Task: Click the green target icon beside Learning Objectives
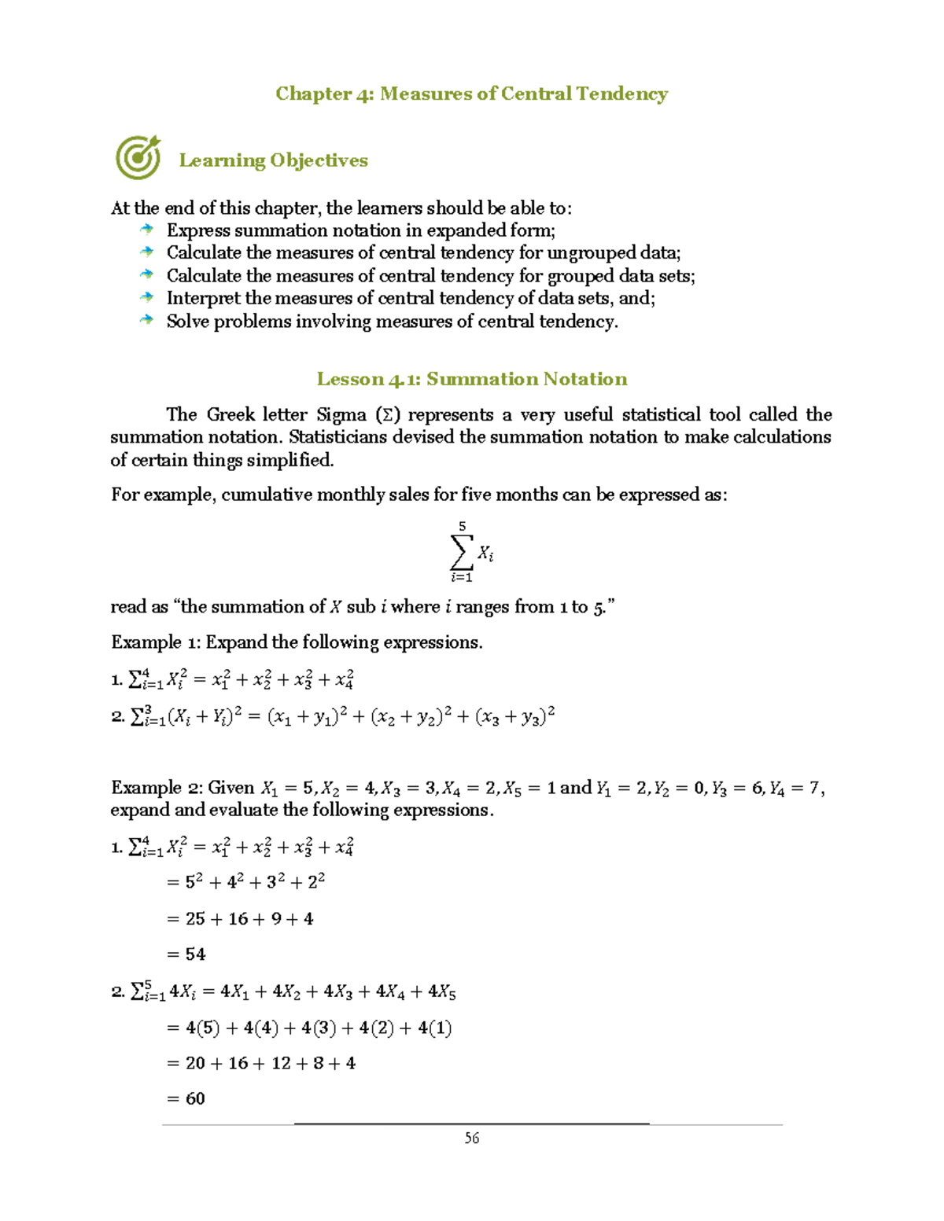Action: [138, 157]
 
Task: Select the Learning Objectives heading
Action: [273, 160]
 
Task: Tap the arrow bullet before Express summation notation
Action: [146, 230]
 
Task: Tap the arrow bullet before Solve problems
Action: [146, 320]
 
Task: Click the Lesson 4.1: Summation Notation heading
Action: [472, 379]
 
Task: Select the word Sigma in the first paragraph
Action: [341, 415]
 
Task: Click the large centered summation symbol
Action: [462, 552]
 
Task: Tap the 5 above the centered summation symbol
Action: [462, 526]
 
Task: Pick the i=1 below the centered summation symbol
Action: [462, 578]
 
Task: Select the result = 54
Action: [186, 954]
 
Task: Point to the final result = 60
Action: [186, 1099]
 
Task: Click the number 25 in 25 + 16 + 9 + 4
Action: [195, 919]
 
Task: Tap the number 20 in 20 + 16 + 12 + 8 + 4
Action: [195, 1064]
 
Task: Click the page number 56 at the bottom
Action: [472, 1138]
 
